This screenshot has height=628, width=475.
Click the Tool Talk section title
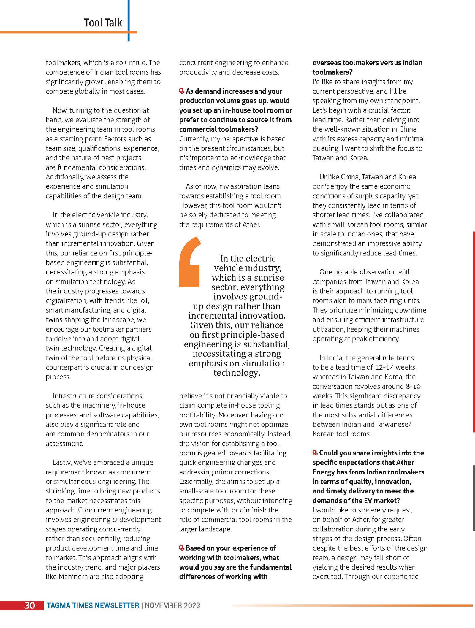pos(103,23)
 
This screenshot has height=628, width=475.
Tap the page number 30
pos(29,605)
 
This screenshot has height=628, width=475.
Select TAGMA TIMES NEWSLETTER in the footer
pos(93,605)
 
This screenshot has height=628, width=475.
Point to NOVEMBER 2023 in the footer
pos(172,605)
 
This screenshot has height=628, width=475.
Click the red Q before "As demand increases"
pos(182,91)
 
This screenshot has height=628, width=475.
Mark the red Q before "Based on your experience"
pos(182,548)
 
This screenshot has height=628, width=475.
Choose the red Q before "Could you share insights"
pos(315,453)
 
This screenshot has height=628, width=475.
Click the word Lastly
pos(62,462)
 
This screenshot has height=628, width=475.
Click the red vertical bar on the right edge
pos(474,331)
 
